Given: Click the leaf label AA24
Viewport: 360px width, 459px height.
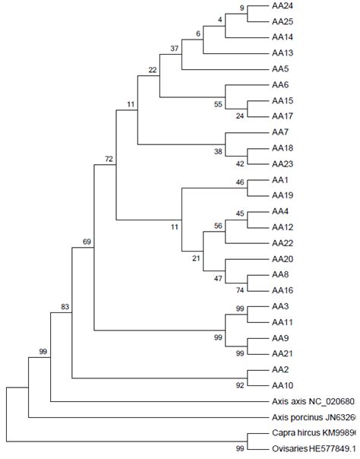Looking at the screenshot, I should [x=283, y=5].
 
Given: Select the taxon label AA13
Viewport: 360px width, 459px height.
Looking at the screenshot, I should [x=283, y=53].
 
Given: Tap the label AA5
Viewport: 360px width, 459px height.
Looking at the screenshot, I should [x=280, y=69].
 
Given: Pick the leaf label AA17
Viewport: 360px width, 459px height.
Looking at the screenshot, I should [x=283, y=116].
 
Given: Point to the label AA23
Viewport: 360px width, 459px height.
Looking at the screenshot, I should [x=283, y=163].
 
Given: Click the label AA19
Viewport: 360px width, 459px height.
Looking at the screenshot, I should [x=283, y=195].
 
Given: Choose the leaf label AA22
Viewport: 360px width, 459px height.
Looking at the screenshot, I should [x=283, y=242].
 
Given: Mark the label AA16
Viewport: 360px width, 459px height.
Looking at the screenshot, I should [x=283, y=290].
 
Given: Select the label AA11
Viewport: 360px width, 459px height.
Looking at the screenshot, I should [x=283, y=322].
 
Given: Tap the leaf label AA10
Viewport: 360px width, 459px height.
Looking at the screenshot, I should [x=283, y=385].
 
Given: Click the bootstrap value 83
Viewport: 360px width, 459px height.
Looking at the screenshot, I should [x=65, y=306].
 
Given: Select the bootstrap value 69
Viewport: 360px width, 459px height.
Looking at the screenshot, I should [x=87, y=242].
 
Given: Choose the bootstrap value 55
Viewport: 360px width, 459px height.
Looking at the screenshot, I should [x=219, y=103].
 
